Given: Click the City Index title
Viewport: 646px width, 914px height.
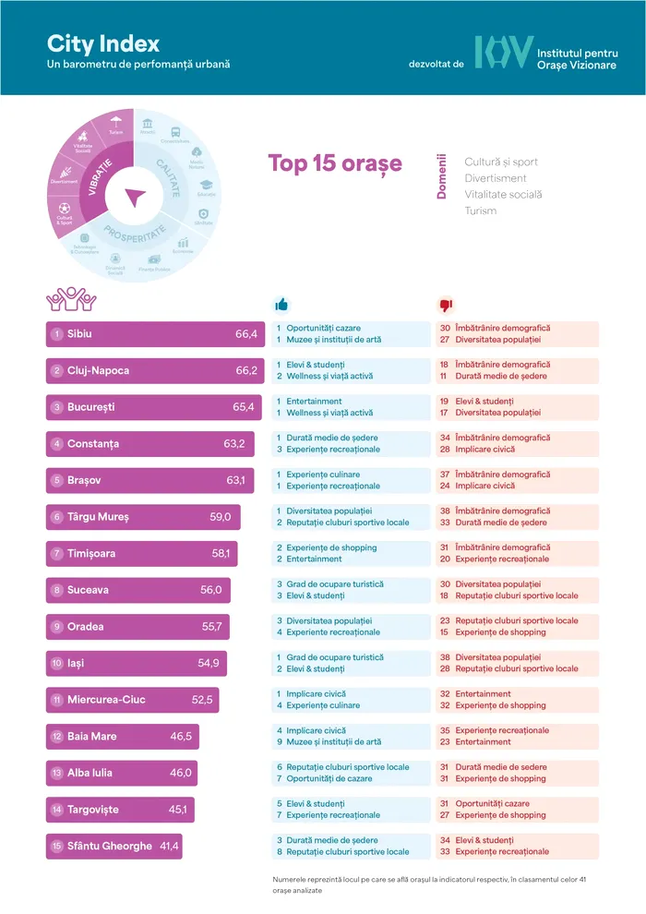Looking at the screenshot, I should click(x=103, y=43).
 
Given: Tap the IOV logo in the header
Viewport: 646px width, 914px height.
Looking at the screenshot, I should click(x=503, y=52).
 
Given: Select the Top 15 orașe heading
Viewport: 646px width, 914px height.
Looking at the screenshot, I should click(x=335, y=163).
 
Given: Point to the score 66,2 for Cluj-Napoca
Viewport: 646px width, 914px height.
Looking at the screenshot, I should click(x=245, y=371).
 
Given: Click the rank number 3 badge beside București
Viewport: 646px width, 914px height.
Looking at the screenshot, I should click(x=57, y=407).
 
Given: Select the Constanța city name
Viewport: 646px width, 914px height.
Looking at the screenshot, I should click(x=92, y=444).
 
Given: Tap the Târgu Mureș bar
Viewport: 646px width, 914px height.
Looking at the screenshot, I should click(x=144, y=517).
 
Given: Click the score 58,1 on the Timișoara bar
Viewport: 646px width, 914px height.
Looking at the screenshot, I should click(x=224, y=554).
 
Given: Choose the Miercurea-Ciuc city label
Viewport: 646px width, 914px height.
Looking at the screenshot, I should click(x=106, y=700).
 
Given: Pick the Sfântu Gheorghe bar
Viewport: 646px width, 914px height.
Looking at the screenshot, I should click(x=114, y=847).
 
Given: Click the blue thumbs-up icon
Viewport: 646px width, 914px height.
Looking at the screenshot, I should click(x=281, y=305).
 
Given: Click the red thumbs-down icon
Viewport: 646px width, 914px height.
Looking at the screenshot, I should click(x=446, y=305).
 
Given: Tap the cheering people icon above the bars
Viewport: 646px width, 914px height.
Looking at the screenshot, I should click(x=71, y=299).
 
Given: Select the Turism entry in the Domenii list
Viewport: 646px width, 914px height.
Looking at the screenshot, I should click(x=480, y=210).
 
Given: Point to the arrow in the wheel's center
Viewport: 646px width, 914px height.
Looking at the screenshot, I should click(x=137, y=197).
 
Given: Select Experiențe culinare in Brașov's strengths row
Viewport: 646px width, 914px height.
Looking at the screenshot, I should click(x=323, y=475).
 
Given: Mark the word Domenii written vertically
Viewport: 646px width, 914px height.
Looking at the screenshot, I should click(x=441, y=177).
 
